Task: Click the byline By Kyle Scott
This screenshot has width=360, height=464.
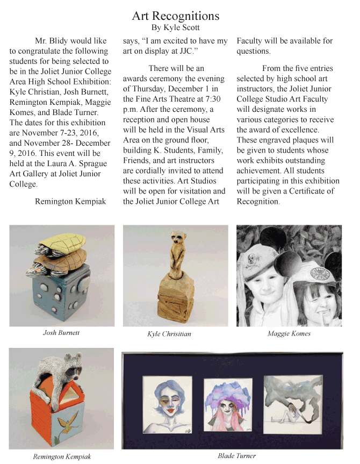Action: point(175,27)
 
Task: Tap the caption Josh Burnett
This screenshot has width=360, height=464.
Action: point(61,333)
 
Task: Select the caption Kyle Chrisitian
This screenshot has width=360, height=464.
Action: point(169,334)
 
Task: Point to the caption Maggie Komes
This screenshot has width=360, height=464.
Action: point(289,333)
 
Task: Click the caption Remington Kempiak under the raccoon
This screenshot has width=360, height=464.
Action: point(61,457)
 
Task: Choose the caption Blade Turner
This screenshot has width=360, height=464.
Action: point(236,456)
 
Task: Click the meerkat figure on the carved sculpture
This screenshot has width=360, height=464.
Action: point(176,250)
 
